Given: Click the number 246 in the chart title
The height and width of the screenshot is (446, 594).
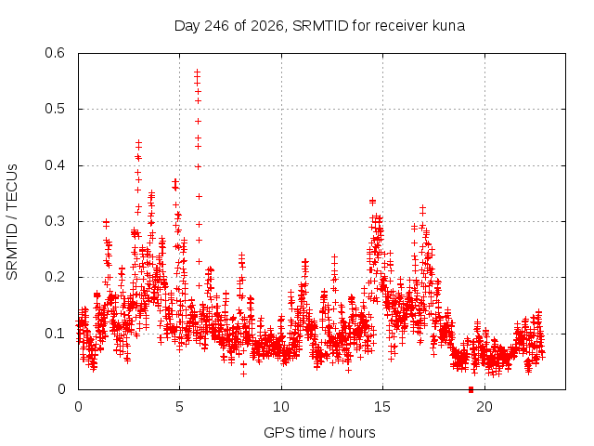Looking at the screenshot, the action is (x=216, y=26).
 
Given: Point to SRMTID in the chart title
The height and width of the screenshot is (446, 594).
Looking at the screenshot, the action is (x=319, y=26).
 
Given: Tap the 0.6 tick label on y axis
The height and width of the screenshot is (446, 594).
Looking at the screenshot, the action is (x=55, y=53).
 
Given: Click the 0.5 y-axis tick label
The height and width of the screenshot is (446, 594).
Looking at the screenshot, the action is (x=55, y=109).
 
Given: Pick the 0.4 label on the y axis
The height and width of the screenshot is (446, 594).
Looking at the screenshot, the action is (x=55, y=165).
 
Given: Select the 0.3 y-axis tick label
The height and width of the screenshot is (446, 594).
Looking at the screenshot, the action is (x=55, y=221).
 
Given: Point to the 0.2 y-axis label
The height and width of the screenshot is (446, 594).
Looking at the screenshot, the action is (x=55, y=277).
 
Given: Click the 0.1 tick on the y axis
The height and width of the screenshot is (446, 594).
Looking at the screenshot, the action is (x=55, y=334).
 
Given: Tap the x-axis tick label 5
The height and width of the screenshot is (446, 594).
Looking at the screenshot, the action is (x=179, y=407).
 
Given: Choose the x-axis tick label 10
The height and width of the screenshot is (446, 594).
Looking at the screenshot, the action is (x=280, y=407).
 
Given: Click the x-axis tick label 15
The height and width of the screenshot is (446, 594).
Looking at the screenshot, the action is (x=382, y=407).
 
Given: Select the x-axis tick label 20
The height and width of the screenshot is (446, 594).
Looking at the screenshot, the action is (x=484, y=407).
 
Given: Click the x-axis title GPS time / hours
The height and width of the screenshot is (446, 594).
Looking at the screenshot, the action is (x=319, y=432).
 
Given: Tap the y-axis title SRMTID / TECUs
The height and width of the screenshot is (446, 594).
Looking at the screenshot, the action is (x=12, y=222).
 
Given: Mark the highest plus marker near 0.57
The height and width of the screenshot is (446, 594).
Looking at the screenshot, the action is (x=198, y=71).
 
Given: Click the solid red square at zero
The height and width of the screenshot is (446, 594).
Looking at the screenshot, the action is (x=471, y=389).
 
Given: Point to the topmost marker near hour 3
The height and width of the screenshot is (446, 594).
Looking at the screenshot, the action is (x=138, y=142).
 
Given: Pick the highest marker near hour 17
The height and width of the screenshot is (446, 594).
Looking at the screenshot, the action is (x=423, y=208).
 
